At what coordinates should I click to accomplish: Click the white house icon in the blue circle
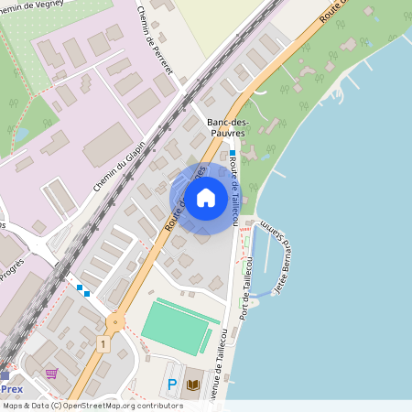[206, 197]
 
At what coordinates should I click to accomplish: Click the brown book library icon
[192, 385]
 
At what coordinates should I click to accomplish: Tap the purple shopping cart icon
[51, 374]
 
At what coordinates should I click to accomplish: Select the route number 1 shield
[104, 343]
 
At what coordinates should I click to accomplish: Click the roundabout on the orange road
[115, 321]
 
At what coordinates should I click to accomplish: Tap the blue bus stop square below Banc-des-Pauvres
[233, 153]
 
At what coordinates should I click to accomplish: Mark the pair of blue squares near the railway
[83, 290]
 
